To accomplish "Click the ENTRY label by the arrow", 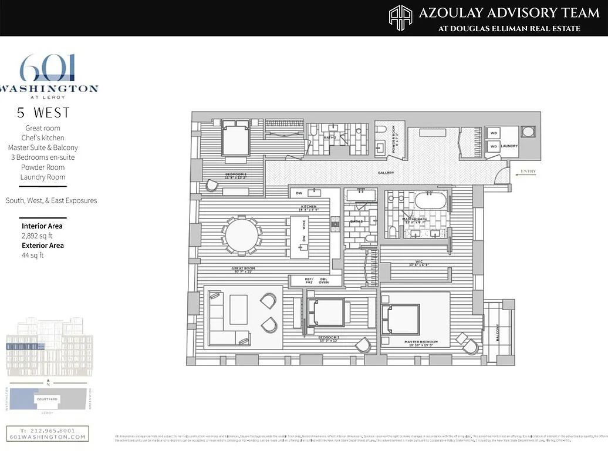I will tap(528, 172).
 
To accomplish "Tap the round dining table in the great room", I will tap(242, 236).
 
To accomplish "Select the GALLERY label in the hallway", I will tap(386, 173).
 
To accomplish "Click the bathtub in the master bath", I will tap(431, 201).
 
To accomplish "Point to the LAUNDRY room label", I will tap(509, 146).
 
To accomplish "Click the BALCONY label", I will tap(497, 333).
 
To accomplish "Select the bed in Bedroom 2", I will tap(235, 139).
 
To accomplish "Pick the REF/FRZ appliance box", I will tap(309, 281).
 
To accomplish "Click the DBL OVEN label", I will tap(323, 281).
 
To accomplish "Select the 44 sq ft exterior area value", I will tap(32, 255).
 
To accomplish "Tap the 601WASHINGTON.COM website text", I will tap(48, 437).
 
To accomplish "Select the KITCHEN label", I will tap(309, 207).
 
